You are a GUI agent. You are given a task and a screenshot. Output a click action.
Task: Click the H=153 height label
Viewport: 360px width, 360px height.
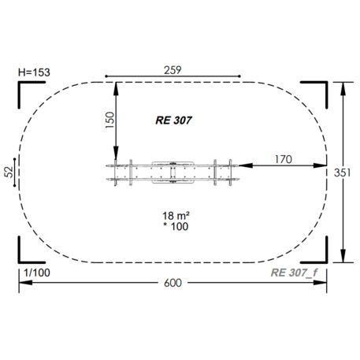click(35, 72)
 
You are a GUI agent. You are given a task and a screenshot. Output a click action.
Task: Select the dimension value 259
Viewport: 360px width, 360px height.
click(173, 69)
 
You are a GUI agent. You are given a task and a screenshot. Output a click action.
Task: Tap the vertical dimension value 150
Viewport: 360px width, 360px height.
click(109, 121)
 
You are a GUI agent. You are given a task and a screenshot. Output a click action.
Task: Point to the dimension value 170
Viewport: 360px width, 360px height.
click(283, 158)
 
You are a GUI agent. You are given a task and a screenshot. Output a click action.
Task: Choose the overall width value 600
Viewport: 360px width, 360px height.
click(173, 283)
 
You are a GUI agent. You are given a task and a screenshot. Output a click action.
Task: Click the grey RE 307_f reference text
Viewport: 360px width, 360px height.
click(293, 273)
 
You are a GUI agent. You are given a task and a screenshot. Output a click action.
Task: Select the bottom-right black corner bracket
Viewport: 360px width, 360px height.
click(318, 254)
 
